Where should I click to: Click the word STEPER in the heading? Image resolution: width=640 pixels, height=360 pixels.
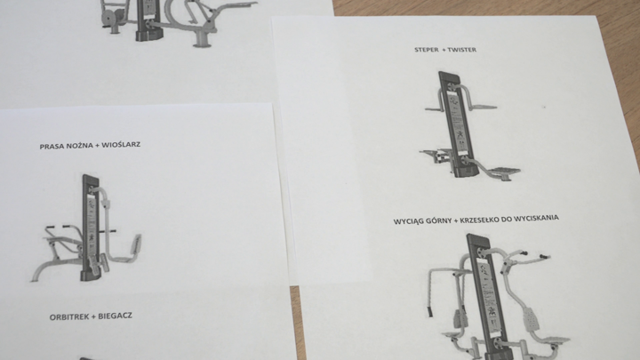pos(427,50)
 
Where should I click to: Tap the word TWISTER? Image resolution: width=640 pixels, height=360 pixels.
pos(461,50)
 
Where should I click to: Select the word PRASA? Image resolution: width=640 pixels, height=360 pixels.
pos(50,146)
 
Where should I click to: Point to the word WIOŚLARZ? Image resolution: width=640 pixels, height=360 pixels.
pos(121,145)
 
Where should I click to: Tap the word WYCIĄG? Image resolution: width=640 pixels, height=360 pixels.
pos(406,221)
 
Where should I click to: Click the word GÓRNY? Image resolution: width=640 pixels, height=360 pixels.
pos(437,220)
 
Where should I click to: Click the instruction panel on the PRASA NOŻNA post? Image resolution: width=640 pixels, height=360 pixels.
pos(92,226)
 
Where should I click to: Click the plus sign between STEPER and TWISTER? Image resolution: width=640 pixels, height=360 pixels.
pos(444,50)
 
